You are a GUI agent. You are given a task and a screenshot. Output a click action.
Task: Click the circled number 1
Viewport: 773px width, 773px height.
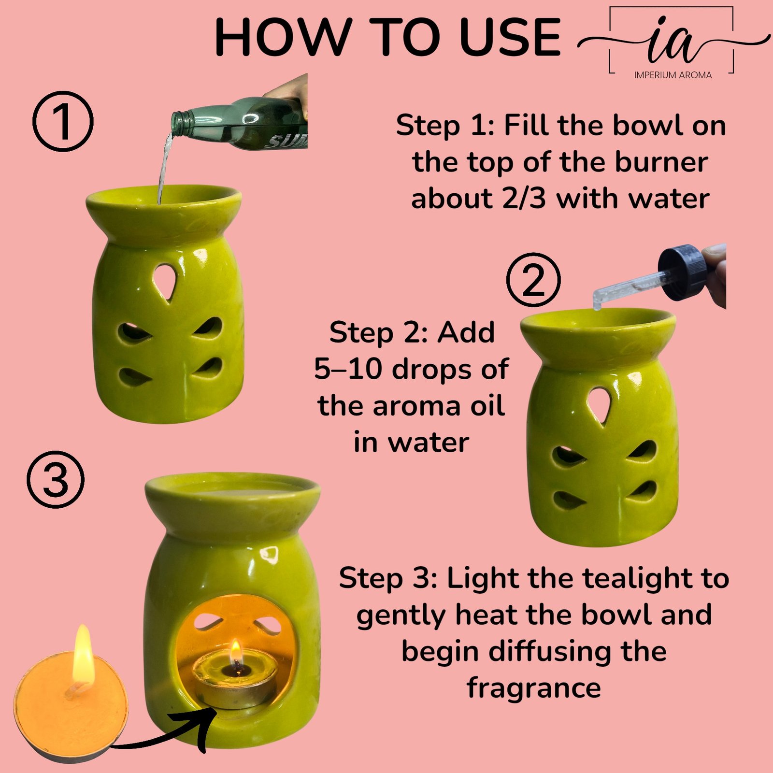click(63, 120)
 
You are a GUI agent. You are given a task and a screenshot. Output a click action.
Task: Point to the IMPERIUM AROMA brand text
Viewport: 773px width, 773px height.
click(673, 75)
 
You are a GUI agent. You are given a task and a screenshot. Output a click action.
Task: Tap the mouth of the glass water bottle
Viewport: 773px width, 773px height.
click(178, 123)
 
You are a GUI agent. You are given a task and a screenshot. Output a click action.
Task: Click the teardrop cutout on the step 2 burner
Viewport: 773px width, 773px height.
click(600, 406)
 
